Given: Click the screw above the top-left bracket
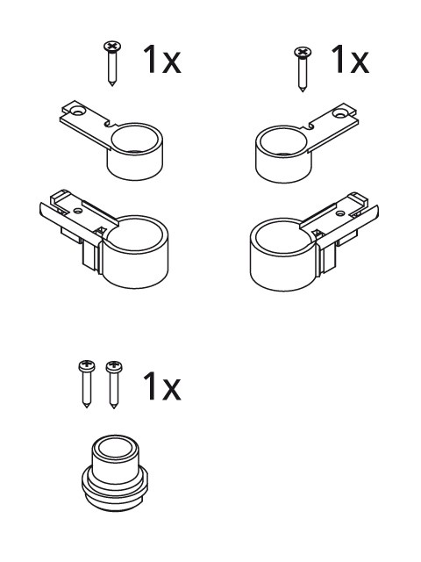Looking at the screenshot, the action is click(x=112, y=63).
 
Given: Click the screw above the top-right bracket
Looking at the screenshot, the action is click(x=303, y=68).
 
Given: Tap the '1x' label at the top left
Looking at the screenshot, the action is click(x=161, y=60).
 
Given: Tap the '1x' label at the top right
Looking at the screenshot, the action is click(x=350, y=59).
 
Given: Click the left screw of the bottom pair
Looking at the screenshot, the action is click(x=87, y=384).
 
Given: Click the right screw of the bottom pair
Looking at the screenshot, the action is click(x=114, y=385).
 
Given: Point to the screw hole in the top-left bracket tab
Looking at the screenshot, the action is click(x=76, y=112).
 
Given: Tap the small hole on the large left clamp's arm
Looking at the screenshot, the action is click(x=77, y=210).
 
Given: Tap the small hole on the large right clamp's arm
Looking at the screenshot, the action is click(x=340, y=213).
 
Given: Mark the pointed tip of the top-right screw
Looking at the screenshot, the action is click(x=303, y=90).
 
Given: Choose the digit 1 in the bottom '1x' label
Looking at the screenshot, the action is click(x=150, y=385).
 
